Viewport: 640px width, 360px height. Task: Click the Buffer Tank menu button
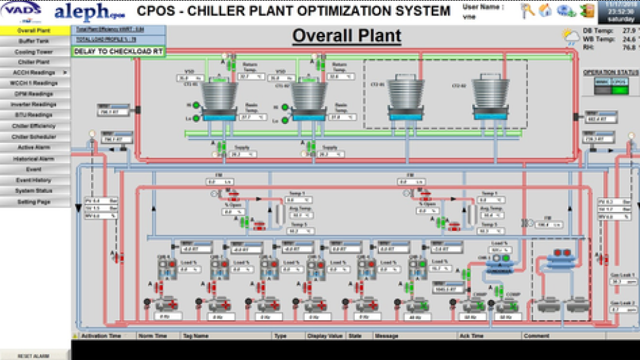click(x=34, y=41)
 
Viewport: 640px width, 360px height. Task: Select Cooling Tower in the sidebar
click(x=34, y=52)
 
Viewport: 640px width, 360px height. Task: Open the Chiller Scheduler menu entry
click(x=34, y=137)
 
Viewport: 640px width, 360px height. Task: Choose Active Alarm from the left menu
click(x=34, y=147)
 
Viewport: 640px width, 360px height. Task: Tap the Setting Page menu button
click(x=34, y=202)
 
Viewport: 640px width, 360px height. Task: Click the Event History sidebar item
click(x=34, y=180)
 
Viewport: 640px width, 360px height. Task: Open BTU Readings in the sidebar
click(x=34, y=115)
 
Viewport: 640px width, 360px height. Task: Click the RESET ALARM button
click(x=34, y=356)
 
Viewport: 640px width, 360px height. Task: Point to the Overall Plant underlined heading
click(x=346, y=35)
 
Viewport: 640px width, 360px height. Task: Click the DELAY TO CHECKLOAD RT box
click(x=119, y=51)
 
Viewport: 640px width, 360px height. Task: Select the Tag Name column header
click(x=196, y=337)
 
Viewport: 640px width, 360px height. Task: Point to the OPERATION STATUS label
click(x=611, y=72)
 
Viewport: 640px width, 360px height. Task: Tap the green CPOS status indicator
click(x=620, y=89)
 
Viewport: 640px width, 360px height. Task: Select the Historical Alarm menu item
click(x=34, y=158)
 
